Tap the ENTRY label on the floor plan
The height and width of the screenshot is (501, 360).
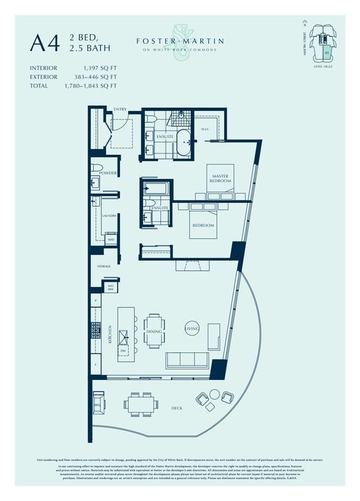point(120,109)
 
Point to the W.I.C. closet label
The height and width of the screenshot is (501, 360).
point(205,129)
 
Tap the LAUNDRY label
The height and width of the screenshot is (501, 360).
point(109,216)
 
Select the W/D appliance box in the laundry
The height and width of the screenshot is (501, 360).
point(111,240)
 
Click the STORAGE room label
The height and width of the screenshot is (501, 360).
point(104,267)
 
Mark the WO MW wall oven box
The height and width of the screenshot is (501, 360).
point(111,287)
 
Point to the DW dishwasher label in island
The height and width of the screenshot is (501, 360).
point(123,351)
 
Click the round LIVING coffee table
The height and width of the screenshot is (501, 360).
point(192,328)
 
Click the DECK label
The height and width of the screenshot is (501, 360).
point(176,408)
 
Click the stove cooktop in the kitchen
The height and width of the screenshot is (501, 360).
point(96,330)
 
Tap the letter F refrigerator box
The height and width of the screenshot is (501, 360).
point(95,364)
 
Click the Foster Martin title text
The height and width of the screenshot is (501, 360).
point(180,41)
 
